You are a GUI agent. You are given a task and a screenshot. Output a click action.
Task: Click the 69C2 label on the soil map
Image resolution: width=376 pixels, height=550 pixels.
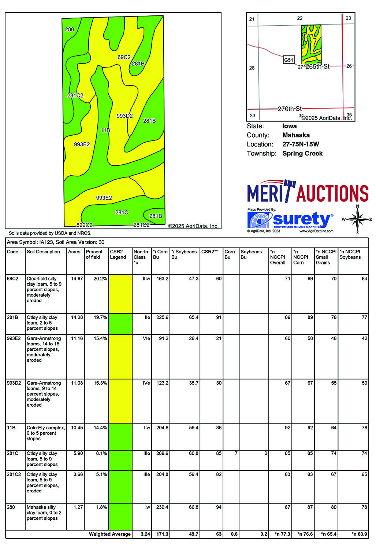(x=124, y=57)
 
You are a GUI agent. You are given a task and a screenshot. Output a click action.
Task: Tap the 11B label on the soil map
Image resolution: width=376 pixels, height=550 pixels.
(x=105, y=130)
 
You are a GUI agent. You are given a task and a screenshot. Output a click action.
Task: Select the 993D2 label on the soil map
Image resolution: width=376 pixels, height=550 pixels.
(x=124, y=116)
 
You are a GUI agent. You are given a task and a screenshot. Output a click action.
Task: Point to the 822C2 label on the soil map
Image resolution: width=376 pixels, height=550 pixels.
(x=84, y=225)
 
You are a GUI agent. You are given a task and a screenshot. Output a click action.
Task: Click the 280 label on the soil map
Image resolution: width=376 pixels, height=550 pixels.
(x=69, y=29)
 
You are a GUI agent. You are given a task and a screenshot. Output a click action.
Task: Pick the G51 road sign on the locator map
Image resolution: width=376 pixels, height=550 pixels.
(x=288, y=60)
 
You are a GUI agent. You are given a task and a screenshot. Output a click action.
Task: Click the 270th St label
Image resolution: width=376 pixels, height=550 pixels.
(x=290, y=109)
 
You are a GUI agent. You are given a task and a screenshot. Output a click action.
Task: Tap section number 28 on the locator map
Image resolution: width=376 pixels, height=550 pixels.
(x=252, y=68)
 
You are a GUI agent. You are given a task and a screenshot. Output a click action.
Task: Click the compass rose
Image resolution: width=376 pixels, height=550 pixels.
(x=357, y=220)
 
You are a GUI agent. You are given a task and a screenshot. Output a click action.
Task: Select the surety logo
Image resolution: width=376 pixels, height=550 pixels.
(x=291, y=220)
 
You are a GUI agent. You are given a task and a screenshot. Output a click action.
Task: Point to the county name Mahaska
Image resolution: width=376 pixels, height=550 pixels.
(x=296, y=135)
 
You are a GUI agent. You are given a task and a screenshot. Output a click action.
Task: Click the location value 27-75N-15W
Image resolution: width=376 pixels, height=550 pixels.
(x=301, y=144)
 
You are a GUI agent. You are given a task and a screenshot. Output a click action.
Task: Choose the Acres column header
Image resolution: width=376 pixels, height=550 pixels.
(x=74, y=252)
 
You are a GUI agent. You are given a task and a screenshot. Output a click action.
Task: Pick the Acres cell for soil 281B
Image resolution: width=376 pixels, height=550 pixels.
(x=77, y=318)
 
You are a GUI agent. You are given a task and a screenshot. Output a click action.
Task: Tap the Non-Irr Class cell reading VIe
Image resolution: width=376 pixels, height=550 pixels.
(x=146, y=338)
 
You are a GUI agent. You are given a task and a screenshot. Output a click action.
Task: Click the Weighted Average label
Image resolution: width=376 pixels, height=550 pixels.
(x=109, y=534)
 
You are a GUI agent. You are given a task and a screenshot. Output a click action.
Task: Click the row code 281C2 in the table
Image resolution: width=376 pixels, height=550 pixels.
(x=14, y=474)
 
